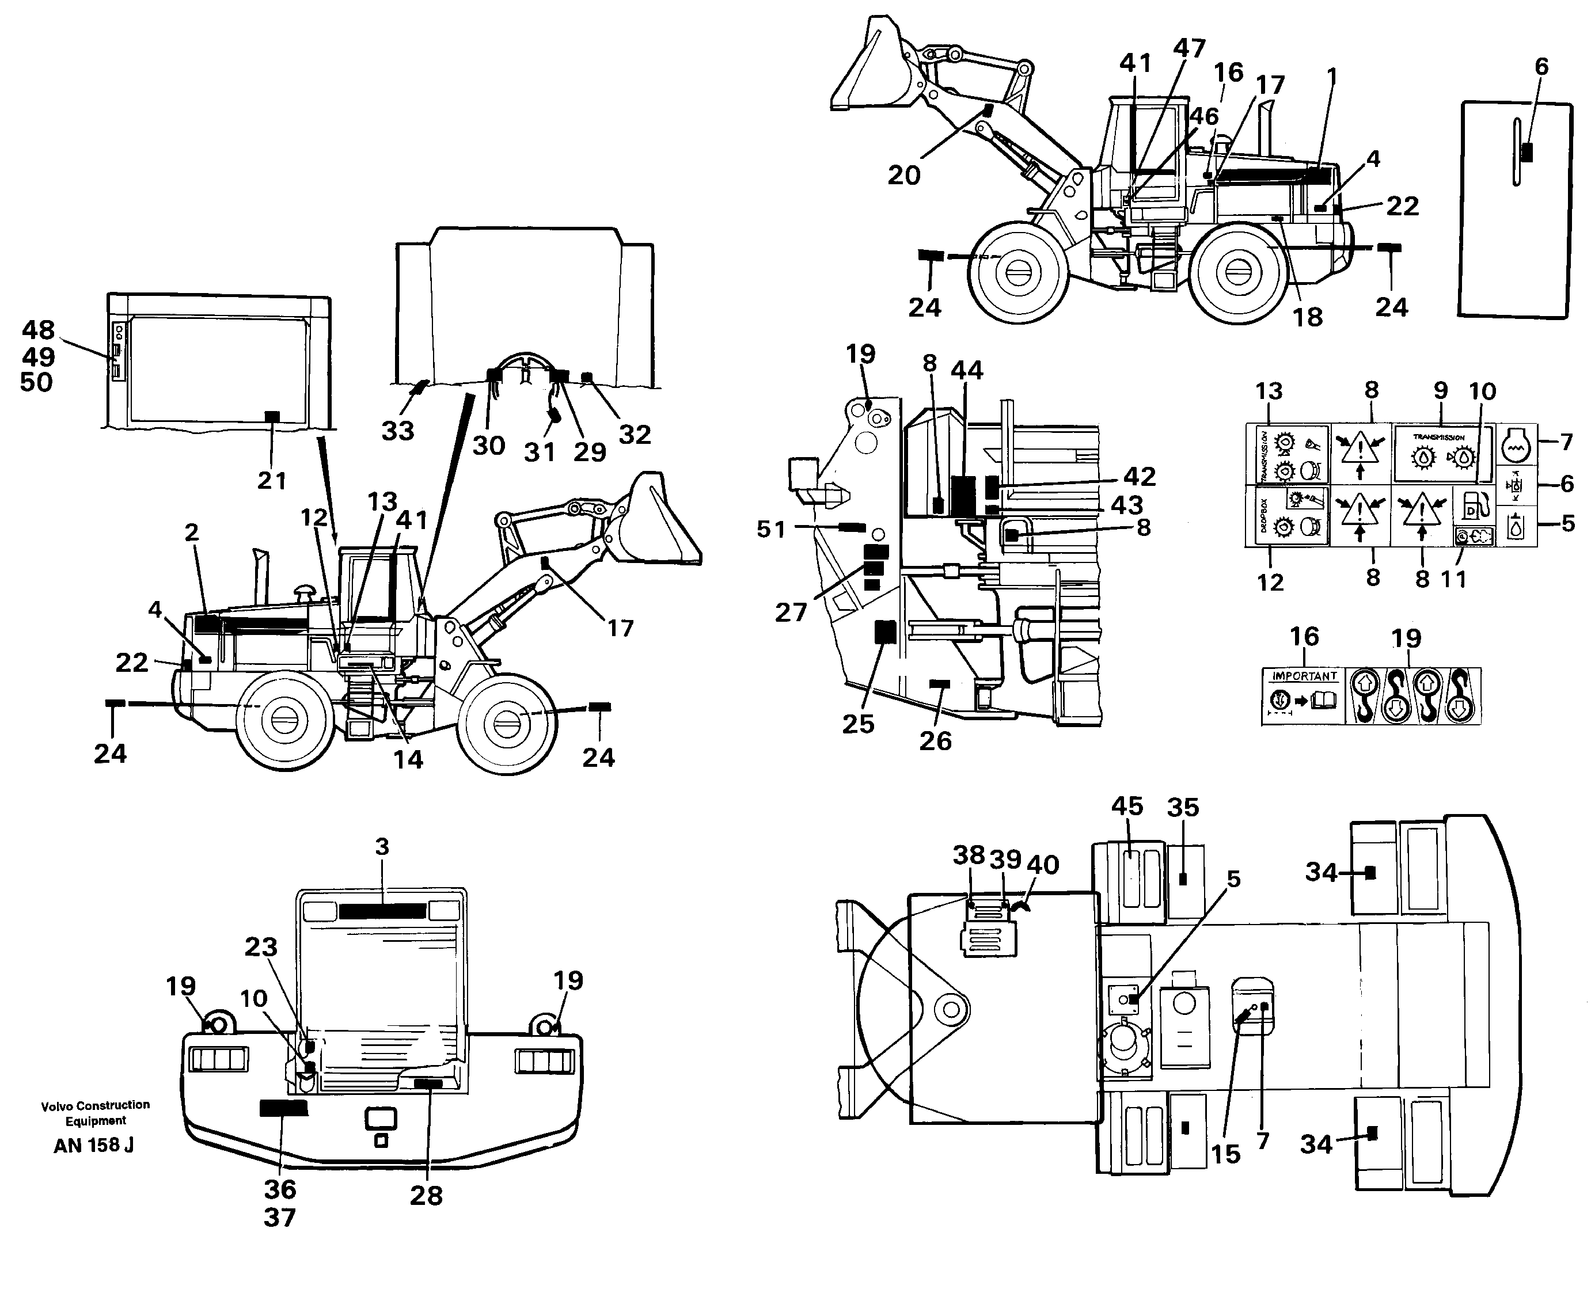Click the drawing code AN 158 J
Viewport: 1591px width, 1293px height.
point(94,1146)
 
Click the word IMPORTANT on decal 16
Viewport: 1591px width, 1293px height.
point(1304,676)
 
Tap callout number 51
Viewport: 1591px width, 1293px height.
point(771,530)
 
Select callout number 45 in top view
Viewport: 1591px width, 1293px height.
point(1126,806)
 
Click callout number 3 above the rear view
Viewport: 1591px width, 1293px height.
point(382,847)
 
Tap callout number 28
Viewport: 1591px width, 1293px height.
point(426,1196)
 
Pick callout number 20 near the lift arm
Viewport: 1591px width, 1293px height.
point(903,175)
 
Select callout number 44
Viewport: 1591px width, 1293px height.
point(967,370)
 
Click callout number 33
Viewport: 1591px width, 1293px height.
point(398,431)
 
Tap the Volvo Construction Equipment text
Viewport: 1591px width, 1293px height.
point(96,1113)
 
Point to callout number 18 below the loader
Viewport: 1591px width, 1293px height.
point(1307,317)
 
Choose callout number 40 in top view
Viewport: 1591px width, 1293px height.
point(1043,865)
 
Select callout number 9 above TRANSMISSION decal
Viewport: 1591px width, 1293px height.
point(1441,390)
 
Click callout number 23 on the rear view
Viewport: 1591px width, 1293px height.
point(261,948)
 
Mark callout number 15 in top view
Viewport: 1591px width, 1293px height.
point(1225,1154)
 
